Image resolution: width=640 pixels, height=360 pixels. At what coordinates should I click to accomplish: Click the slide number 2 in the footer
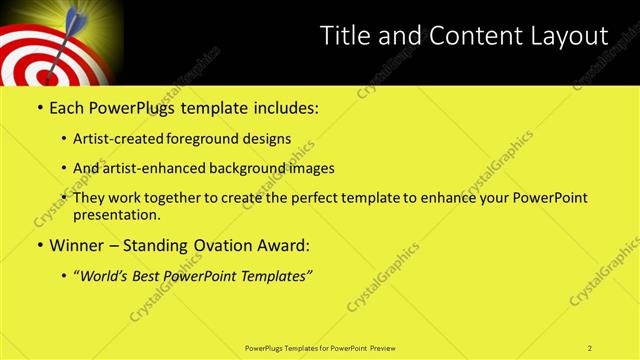(x=590, y=348)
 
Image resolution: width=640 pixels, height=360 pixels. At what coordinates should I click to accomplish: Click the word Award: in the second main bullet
(x=285, y=244)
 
